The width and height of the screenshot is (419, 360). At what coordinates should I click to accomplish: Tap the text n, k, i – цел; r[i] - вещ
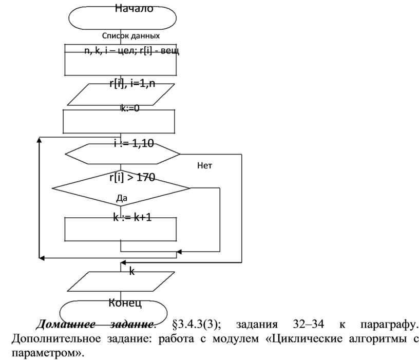coord(131,51)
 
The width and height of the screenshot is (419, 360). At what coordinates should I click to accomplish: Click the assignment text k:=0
coord(130,108)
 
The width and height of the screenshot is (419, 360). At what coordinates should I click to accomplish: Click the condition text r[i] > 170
coord(132,178)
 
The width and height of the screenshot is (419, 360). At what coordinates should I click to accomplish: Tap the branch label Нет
coord(204,166)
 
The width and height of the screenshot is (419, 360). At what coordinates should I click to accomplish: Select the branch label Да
coord(122,198)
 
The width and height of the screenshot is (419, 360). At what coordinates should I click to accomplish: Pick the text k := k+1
coord(132,218)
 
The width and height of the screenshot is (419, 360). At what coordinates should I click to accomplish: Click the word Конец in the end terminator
coord(125,302)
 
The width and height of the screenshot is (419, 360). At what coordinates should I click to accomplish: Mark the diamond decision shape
coord(122,188)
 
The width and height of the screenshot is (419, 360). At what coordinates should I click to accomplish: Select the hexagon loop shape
coord(122,154)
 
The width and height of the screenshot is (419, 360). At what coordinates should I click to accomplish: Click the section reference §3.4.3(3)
coord(197,325)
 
